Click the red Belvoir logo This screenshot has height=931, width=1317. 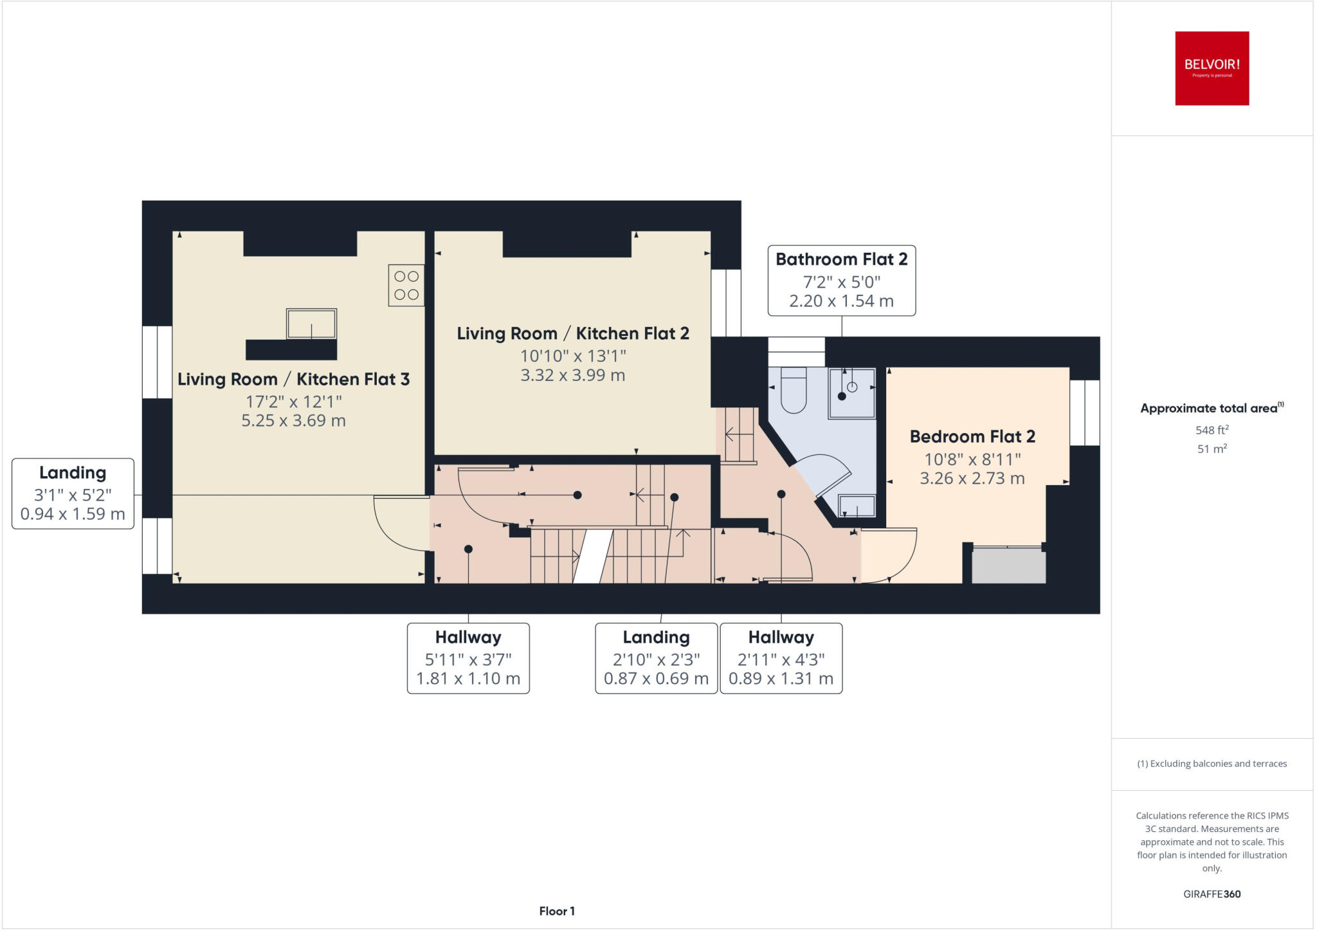1212,68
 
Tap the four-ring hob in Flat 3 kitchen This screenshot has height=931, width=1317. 406,285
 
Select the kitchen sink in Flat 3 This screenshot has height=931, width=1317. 311,323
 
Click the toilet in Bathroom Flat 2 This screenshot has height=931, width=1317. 794,390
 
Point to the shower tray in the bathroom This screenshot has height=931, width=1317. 851,393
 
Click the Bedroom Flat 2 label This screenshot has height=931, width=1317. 972,437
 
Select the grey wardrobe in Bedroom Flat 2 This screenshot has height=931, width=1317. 1008,566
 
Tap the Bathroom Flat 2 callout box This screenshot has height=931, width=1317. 841,281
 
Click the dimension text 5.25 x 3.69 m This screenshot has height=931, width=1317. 293,421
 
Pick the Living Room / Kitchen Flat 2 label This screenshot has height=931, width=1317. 572,333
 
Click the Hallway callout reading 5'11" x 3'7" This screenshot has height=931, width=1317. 468,658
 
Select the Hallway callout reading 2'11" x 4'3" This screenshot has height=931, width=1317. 781,658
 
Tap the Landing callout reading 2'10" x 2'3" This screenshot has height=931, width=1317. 656,658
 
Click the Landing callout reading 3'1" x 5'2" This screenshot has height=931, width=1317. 73,493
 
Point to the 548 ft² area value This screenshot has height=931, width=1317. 1212,430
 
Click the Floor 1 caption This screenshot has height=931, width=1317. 557,911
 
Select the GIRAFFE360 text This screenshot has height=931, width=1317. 1212,894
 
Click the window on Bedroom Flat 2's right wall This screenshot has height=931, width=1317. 1084,412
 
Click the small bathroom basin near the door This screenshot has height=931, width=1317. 857,506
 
